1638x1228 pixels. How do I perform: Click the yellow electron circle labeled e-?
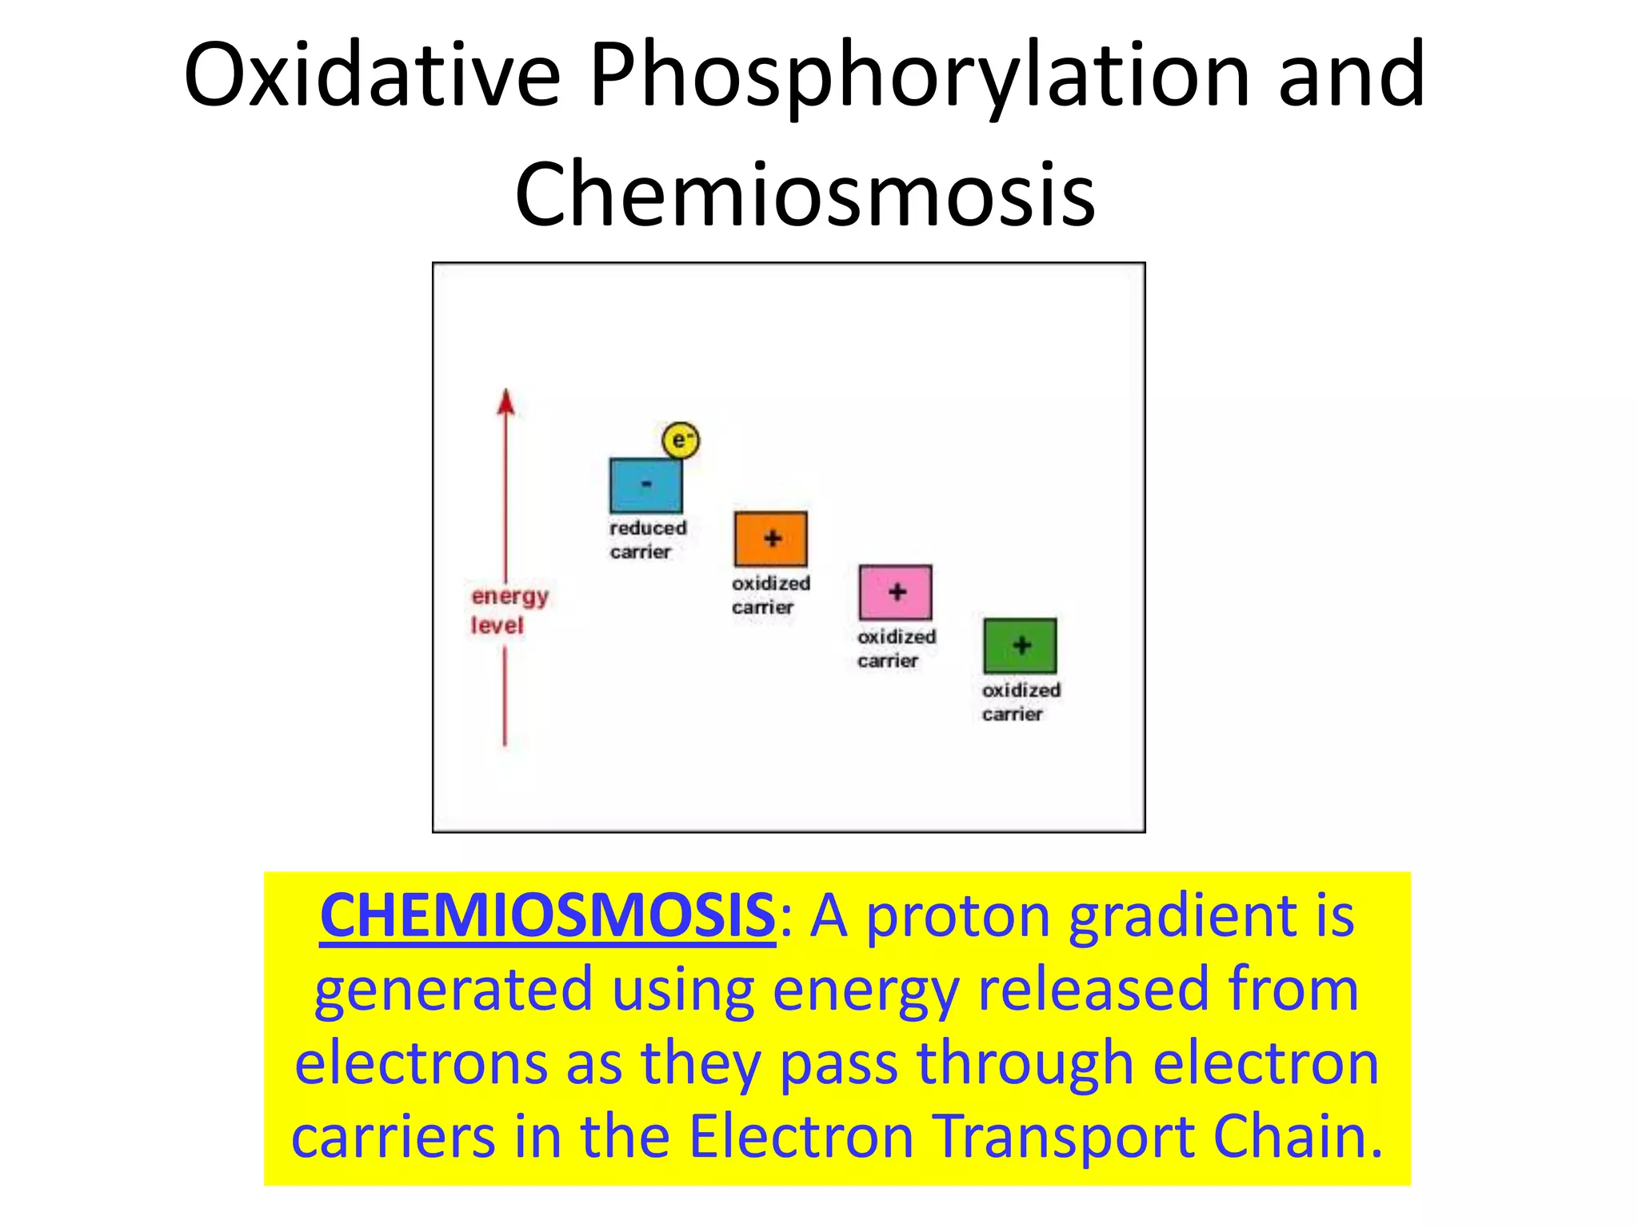(681, 440)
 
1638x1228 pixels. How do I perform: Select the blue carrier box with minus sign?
(645, 485)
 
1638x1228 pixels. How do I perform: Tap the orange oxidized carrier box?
(770, 539)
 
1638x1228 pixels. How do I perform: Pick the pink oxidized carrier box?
(895, 592)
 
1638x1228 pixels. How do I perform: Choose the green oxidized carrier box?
(1020, 646)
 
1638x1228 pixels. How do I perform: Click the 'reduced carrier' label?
(647, 540)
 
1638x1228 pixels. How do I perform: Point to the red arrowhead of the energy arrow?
(505, 401)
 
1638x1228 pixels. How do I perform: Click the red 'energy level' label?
(509, 611)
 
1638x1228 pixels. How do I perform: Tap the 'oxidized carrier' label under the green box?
(1021, 702)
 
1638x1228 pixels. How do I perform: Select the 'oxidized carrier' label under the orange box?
(770, 595)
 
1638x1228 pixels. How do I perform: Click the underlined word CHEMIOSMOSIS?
(547, 916)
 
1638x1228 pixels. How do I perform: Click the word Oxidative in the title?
(372, 76)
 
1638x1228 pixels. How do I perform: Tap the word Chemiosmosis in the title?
(805, 194)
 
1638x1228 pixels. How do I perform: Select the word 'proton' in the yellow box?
(957, 916)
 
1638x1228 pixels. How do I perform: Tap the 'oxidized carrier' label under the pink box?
(896, 648)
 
